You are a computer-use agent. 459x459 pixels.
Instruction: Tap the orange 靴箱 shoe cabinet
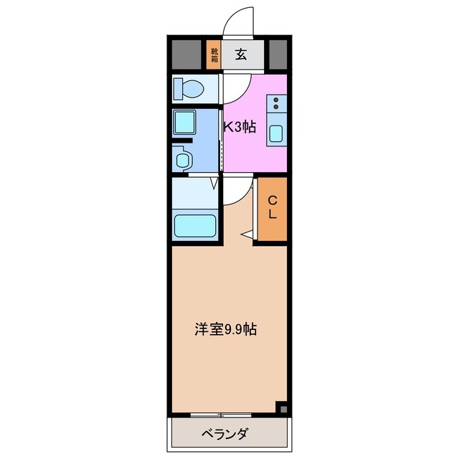pyautogui.click(x=214, y=55)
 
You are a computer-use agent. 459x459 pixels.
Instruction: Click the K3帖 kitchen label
pyautogui.click(x=240, y=128)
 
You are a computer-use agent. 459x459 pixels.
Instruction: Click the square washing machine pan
pyautogui.click(x=187, y=124)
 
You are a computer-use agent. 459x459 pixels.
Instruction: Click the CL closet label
pyautogui.click(x=273, y=209)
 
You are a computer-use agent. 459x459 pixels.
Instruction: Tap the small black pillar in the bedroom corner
pyautogui.click(x=283, y=409)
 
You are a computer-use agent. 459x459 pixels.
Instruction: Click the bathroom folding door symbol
pyautogui.click(x=214, y=184)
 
